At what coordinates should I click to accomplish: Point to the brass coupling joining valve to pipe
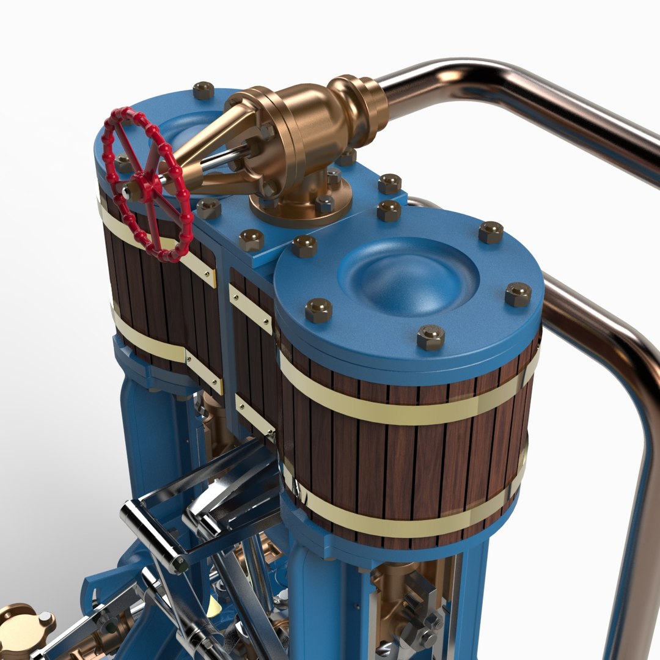coord(361,101)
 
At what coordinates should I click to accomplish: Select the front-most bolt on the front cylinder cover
coord(431,337)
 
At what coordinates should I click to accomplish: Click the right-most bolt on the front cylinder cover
coord(518,295)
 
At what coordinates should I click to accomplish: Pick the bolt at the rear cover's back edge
coord(204,90)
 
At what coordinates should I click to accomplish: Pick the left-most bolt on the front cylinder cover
coord(318,310)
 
